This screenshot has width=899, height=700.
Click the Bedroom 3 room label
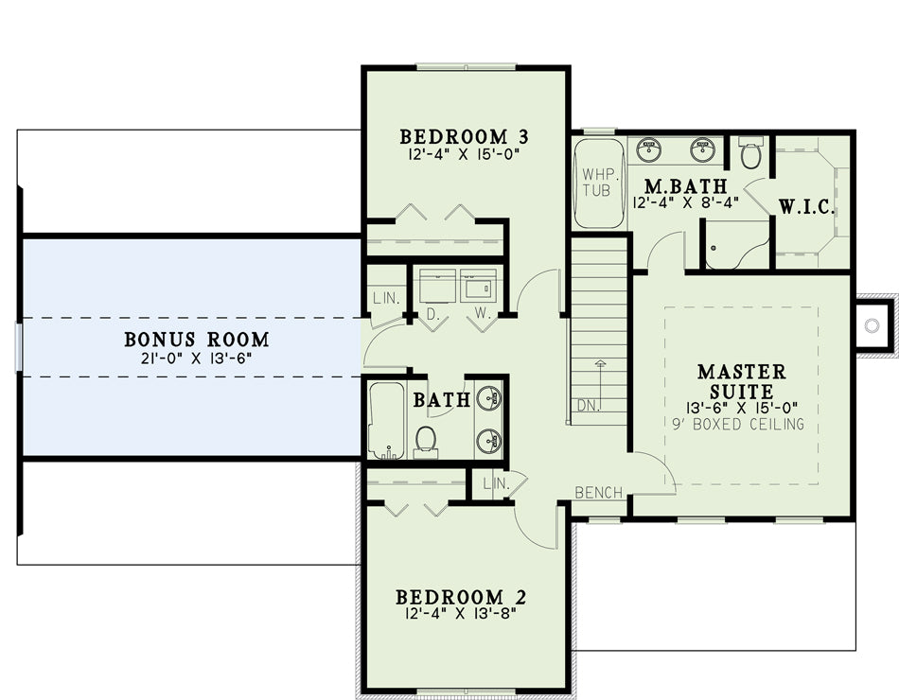(464, 137)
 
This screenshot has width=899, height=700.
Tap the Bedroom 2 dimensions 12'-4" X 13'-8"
(461, 614)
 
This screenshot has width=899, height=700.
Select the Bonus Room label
(197, 340)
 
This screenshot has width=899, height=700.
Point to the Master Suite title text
(742, 381)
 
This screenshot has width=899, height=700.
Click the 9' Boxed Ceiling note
(738, 424)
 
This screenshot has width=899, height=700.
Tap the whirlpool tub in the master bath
(599, 183)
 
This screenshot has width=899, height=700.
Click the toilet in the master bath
(750, 152)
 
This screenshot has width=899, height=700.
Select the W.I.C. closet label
(806, 207)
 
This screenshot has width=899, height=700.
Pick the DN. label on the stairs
(589, 406)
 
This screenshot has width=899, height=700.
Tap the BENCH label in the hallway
(599, 493)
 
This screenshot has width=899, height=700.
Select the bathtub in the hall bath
(386, 421)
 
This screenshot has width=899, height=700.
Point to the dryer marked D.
(437, 285)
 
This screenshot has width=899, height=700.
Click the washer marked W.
(478, 285)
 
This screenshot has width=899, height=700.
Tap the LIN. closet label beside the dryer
(386, 298)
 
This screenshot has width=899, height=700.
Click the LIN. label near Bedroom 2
(496, 483)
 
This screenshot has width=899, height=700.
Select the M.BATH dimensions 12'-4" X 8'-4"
(686, 202)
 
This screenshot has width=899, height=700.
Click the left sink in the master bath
(649, 149)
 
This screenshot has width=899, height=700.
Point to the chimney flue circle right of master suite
(873, 325)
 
